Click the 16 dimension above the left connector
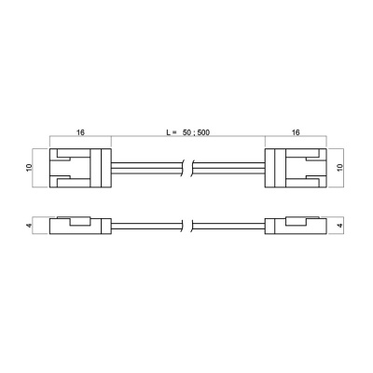[x=80, y=132]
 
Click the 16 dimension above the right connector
[x=296, y=132]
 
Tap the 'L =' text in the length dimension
[x=172, y=132]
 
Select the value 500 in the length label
[x=203, y=132]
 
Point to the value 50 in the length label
[x=186, y=132]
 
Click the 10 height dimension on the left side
[x=29, y=168]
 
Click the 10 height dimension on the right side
[x=340, y=168]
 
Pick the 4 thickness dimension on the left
[x=29, y=226]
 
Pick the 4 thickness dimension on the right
[x=340, y=226]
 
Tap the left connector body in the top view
[x=80, y=168]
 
